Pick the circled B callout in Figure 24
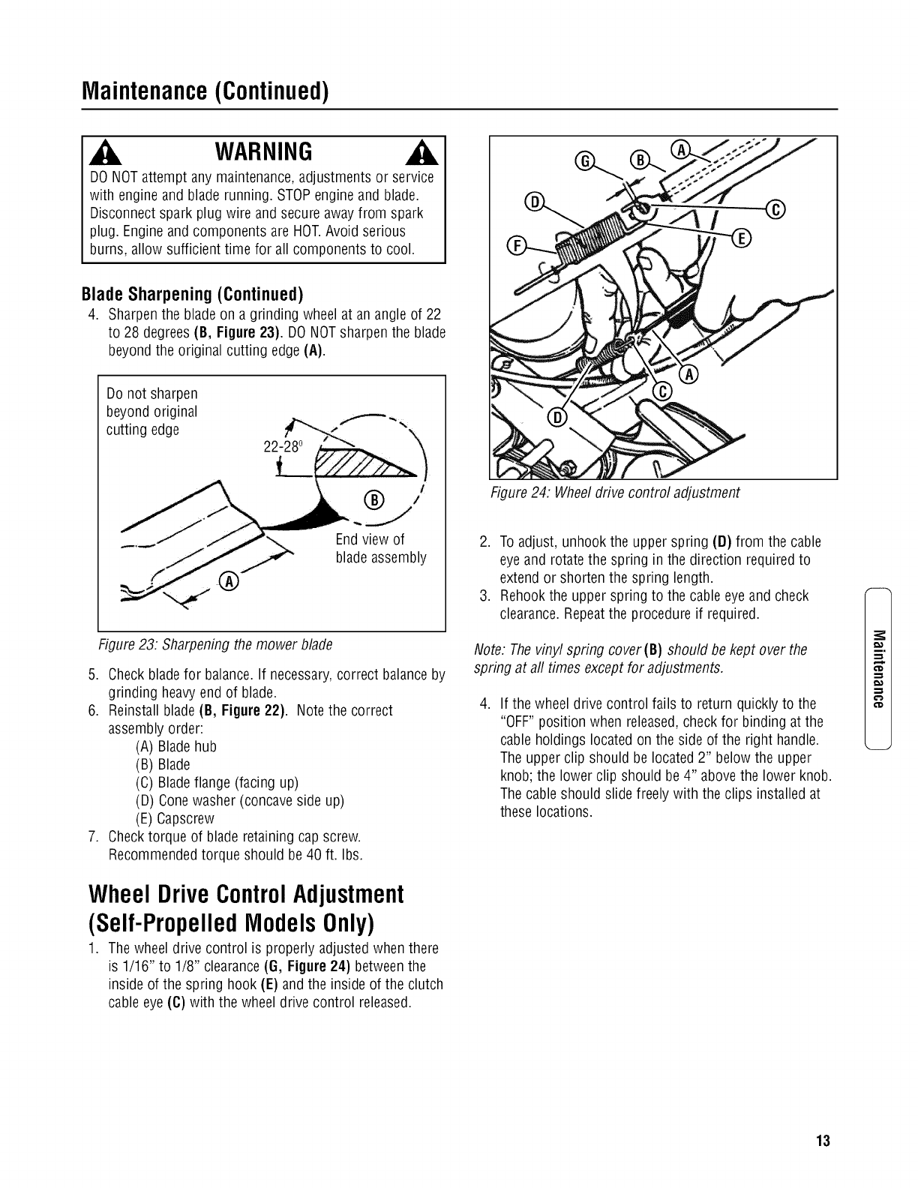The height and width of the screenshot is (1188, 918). (x=640, y=160)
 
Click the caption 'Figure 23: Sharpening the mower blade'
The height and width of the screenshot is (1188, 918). (x=216, y=644)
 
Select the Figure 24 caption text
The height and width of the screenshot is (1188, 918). (x=614, y=492)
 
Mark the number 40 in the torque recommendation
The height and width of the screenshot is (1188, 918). (x=299, y=854)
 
